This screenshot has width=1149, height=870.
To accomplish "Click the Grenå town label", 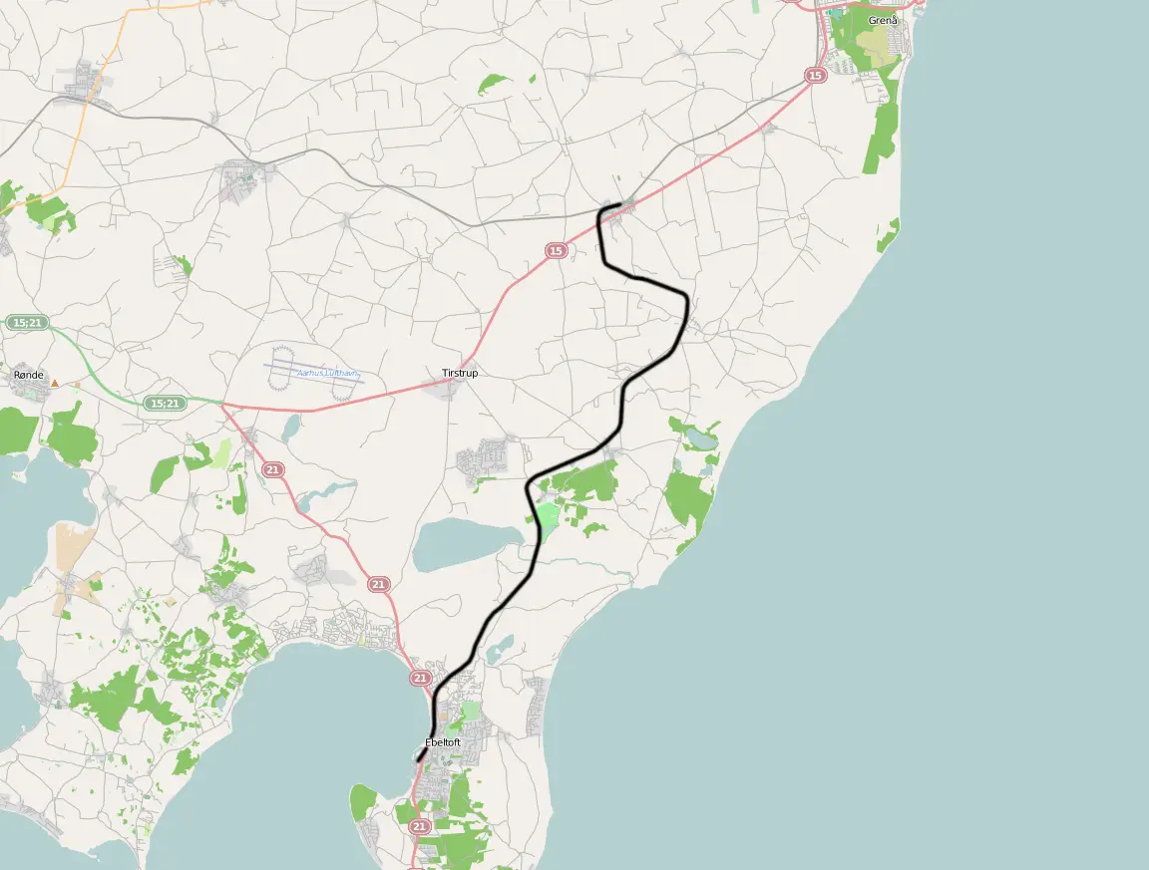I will click(882, 20).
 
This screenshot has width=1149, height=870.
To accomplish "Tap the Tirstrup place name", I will click(460, 373).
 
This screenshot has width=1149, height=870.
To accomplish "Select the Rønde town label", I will click(29, 375).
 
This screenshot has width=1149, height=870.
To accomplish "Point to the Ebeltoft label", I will click(442, 742).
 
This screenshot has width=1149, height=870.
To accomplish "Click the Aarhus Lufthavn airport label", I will click(327, 373).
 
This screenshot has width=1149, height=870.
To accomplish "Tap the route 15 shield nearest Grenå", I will click(816, 76).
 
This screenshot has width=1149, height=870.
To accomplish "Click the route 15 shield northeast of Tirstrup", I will click(556, 251).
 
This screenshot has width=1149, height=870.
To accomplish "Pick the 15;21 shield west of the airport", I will click(164, 404).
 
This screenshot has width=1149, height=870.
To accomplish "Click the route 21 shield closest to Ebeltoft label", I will click(420, 678).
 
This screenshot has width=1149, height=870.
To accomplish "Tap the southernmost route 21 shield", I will click(420, 826).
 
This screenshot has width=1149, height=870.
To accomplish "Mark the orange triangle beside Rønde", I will click(55, 382).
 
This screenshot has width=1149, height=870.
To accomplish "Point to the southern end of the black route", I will click(418, 761).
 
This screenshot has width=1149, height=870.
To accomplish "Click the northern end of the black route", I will click(620, 204).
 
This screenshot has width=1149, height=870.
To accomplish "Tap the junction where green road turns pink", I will click(221, 404).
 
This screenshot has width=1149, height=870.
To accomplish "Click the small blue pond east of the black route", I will click(700, 437).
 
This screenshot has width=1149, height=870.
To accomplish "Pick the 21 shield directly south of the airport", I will click(272, 469).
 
